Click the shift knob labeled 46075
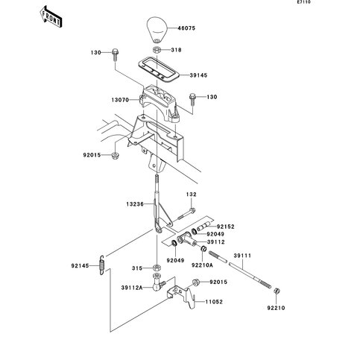click(157, 30)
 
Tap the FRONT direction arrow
click(51, 16)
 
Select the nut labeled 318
click(157, 50)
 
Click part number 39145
click(198, 75)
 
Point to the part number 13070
click(120, 100)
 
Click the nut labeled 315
click(157, 268)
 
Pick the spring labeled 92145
click(102, 265)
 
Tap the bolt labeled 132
click(186, 214)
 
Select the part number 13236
click(135, 204)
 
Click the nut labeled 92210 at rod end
click(276, 291)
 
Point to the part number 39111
click(242, 256)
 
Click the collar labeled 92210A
click(203, 248)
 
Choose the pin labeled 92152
click(204, 227)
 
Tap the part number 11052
click(214, 302)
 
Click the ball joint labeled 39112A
click(157, 282)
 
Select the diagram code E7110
click(304, 2)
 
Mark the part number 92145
click(80, 266)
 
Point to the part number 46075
click(186, 28)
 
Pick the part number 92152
click(226, 227)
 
